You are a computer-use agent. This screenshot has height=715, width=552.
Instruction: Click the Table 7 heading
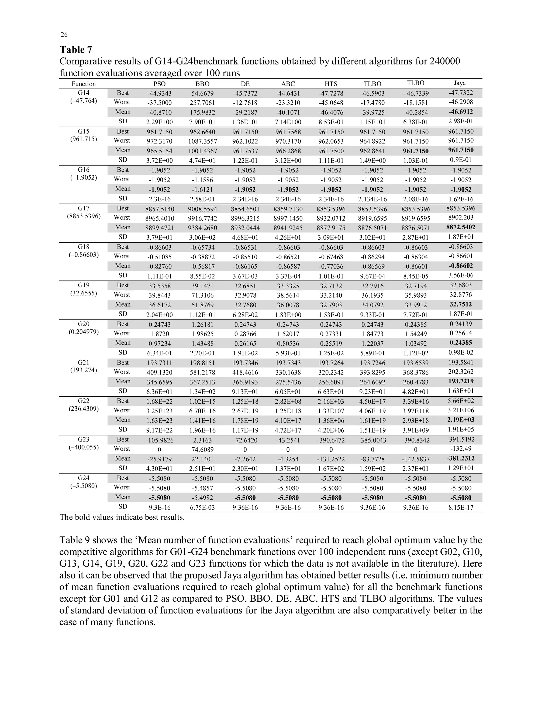(x=76, y=50)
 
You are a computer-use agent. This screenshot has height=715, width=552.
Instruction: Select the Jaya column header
(x=460, y=83)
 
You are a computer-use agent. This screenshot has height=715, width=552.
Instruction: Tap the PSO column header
(x=160, y=84)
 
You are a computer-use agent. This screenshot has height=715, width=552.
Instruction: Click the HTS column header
(x=331, y=84)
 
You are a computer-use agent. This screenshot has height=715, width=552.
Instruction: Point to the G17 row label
(x=84, y=208)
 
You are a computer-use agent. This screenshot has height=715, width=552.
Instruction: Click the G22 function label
(x=84, y=401)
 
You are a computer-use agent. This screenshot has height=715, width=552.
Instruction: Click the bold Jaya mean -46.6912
(x=460, y=112)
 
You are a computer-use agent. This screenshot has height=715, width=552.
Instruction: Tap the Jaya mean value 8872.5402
(x=460, y=227)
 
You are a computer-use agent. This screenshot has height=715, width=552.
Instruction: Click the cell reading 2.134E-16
(x=372, y=199)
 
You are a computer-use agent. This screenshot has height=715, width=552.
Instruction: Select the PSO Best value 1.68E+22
(x=160, y=401)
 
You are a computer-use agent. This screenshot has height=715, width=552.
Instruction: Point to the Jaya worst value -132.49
(x=460, y=449)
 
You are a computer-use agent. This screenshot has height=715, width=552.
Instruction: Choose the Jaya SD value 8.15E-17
(x=460, y=507)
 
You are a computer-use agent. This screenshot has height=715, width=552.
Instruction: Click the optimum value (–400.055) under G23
(x=84, y=447)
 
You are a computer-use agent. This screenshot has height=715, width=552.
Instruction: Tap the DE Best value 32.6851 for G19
(x=245, y=286)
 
